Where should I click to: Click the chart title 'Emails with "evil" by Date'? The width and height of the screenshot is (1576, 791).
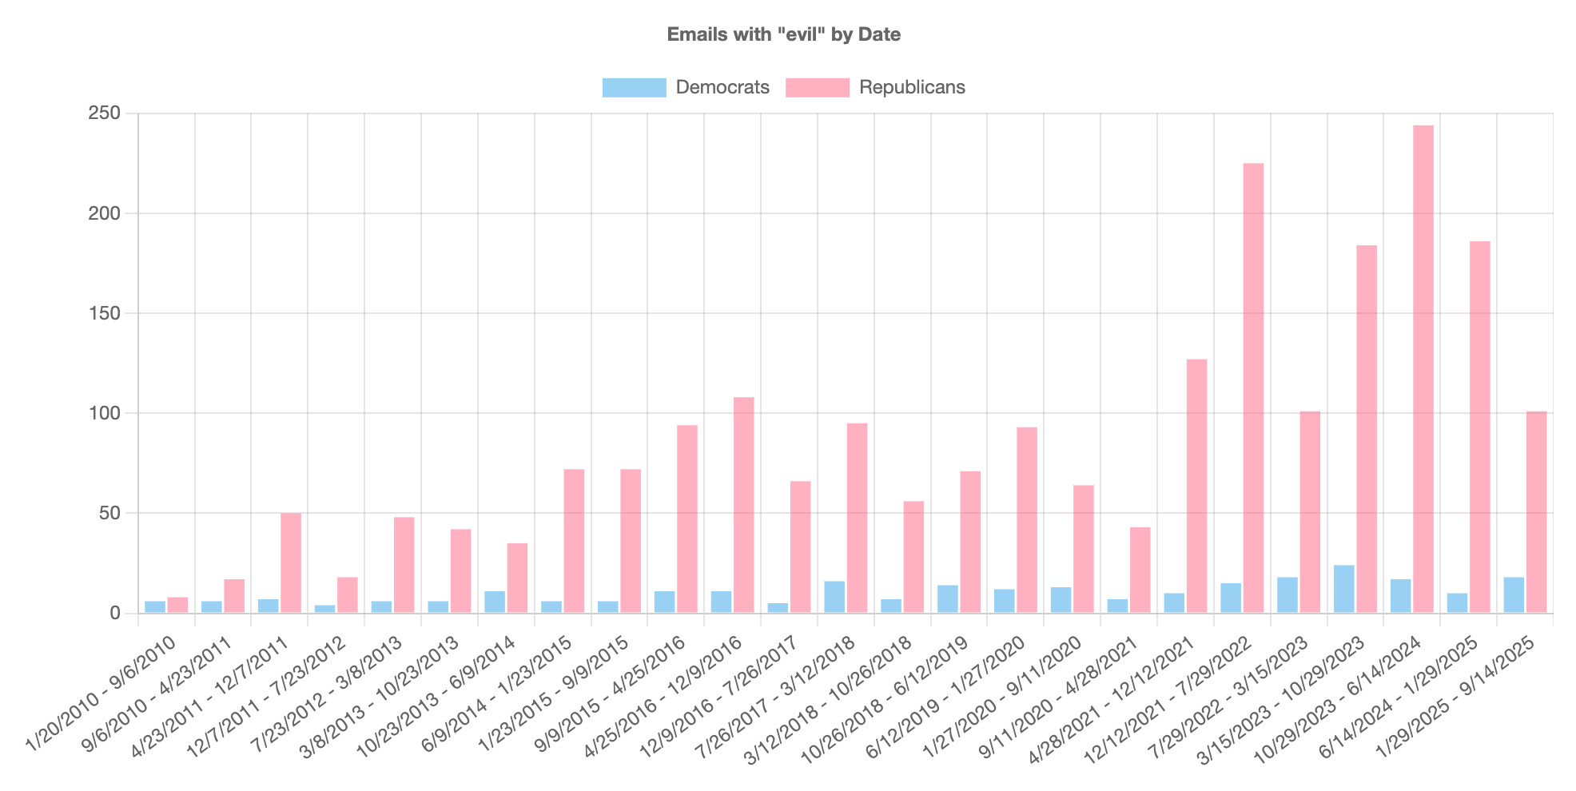(783, 34)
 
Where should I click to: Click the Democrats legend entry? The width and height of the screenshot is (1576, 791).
(686, 87)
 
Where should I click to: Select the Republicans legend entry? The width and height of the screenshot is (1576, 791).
(875, 87)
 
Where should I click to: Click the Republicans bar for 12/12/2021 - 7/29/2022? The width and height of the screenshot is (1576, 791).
(1253, 388)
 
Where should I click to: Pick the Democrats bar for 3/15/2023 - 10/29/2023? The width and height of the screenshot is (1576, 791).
(1343, 590)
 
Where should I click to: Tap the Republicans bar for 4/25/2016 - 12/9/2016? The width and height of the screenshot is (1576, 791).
(743, 505)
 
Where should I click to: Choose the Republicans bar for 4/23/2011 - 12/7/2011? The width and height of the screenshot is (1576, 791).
(291, 563)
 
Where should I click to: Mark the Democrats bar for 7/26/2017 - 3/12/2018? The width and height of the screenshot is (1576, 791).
(834, 597)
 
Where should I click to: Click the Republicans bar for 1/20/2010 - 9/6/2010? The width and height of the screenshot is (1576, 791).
(177, 605)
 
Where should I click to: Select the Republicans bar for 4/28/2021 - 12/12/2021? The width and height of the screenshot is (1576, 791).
(1196, 486)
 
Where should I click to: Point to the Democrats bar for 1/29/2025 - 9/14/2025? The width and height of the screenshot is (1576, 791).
(1514, 595)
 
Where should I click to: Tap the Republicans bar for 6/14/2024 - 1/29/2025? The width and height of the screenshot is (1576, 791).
(1479, 427)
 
